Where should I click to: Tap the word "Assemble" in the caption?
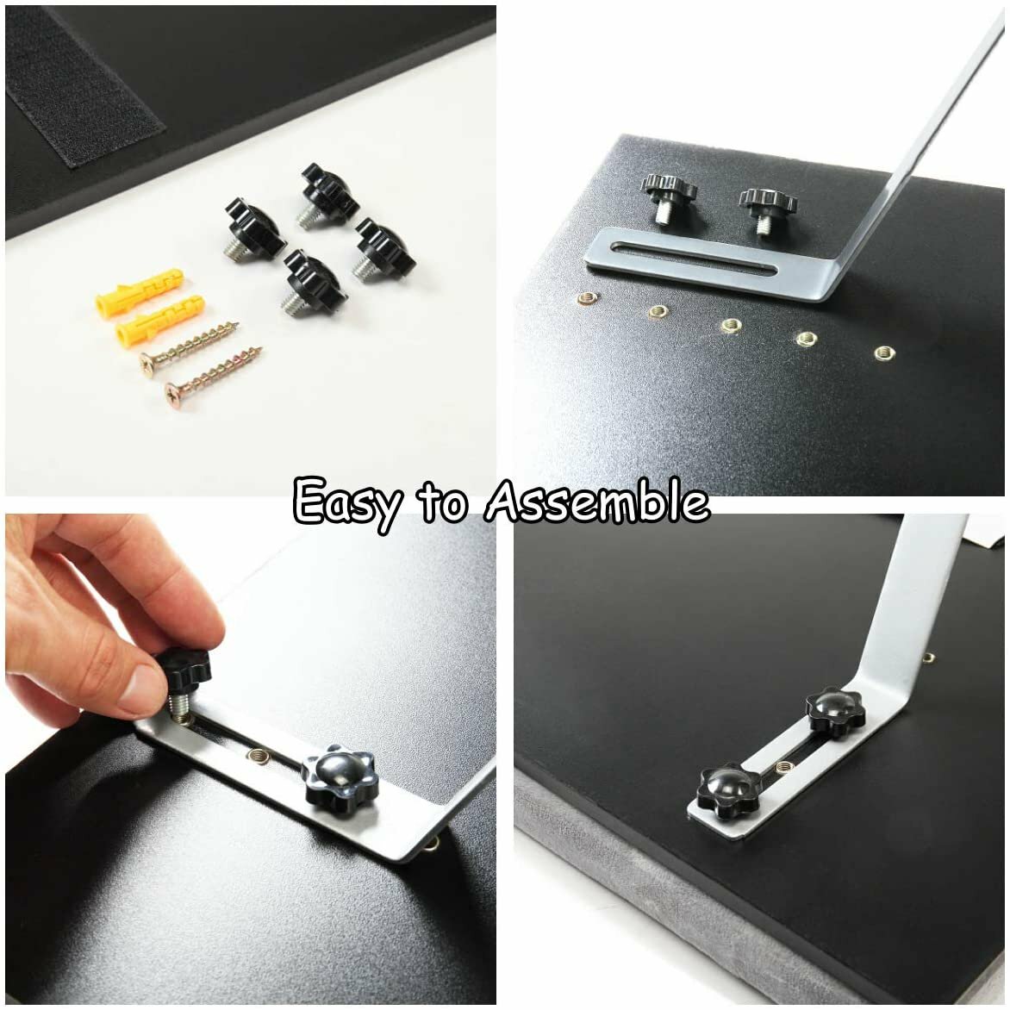coord(597,500)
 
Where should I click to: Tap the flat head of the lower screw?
coord(172,391)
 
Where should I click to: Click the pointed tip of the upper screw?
coord(239,323)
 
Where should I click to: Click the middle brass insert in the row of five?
coord(732,325)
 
